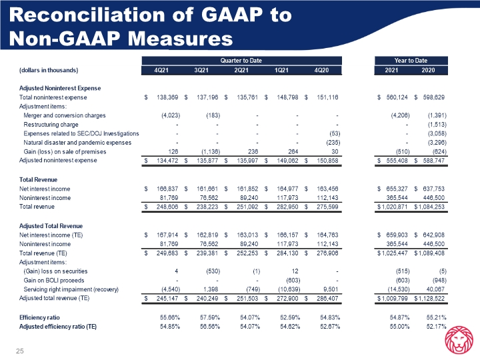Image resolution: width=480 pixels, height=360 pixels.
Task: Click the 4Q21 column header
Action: click(161, 70)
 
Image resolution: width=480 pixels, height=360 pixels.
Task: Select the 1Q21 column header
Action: click(281, 70)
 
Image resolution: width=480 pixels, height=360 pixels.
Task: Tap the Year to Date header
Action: click(411, 60)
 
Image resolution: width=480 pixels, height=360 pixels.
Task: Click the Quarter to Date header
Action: click(241, 60)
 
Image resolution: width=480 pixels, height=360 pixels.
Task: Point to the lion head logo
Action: click(459, 339)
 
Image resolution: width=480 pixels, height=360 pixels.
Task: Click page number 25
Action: click(19, 351)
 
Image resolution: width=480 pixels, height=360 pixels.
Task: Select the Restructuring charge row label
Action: click(51, 125)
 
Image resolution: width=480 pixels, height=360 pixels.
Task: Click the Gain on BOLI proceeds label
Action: click(54, 281)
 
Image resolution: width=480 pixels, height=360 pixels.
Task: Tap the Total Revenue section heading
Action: click(38, 180)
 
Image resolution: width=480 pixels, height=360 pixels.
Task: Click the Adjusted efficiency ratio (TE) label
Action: click(58, 327)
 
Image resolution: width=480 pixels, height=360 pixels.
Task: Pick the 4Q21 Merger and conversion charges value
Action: click(171, 115)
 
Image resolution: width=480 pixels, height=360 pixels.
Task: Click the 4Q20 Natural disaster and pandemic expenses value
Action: click(333, 143)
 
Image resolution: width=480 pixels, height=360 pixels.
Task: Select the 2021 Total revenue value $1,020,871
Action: click(393, 207)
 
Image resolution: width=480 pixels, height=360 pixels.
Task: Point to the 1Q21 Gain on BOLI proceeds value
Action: click(293, 281)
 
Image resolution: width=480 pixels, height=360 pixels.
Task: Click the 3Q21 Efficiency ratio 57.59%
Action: click(210, 317)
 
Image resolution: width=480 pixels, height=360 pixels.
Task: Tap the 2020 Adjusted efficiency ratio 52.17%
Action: click(436, 327)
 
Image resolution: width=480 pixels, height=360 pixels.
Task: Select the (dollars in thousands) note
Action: click(49, 70)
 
